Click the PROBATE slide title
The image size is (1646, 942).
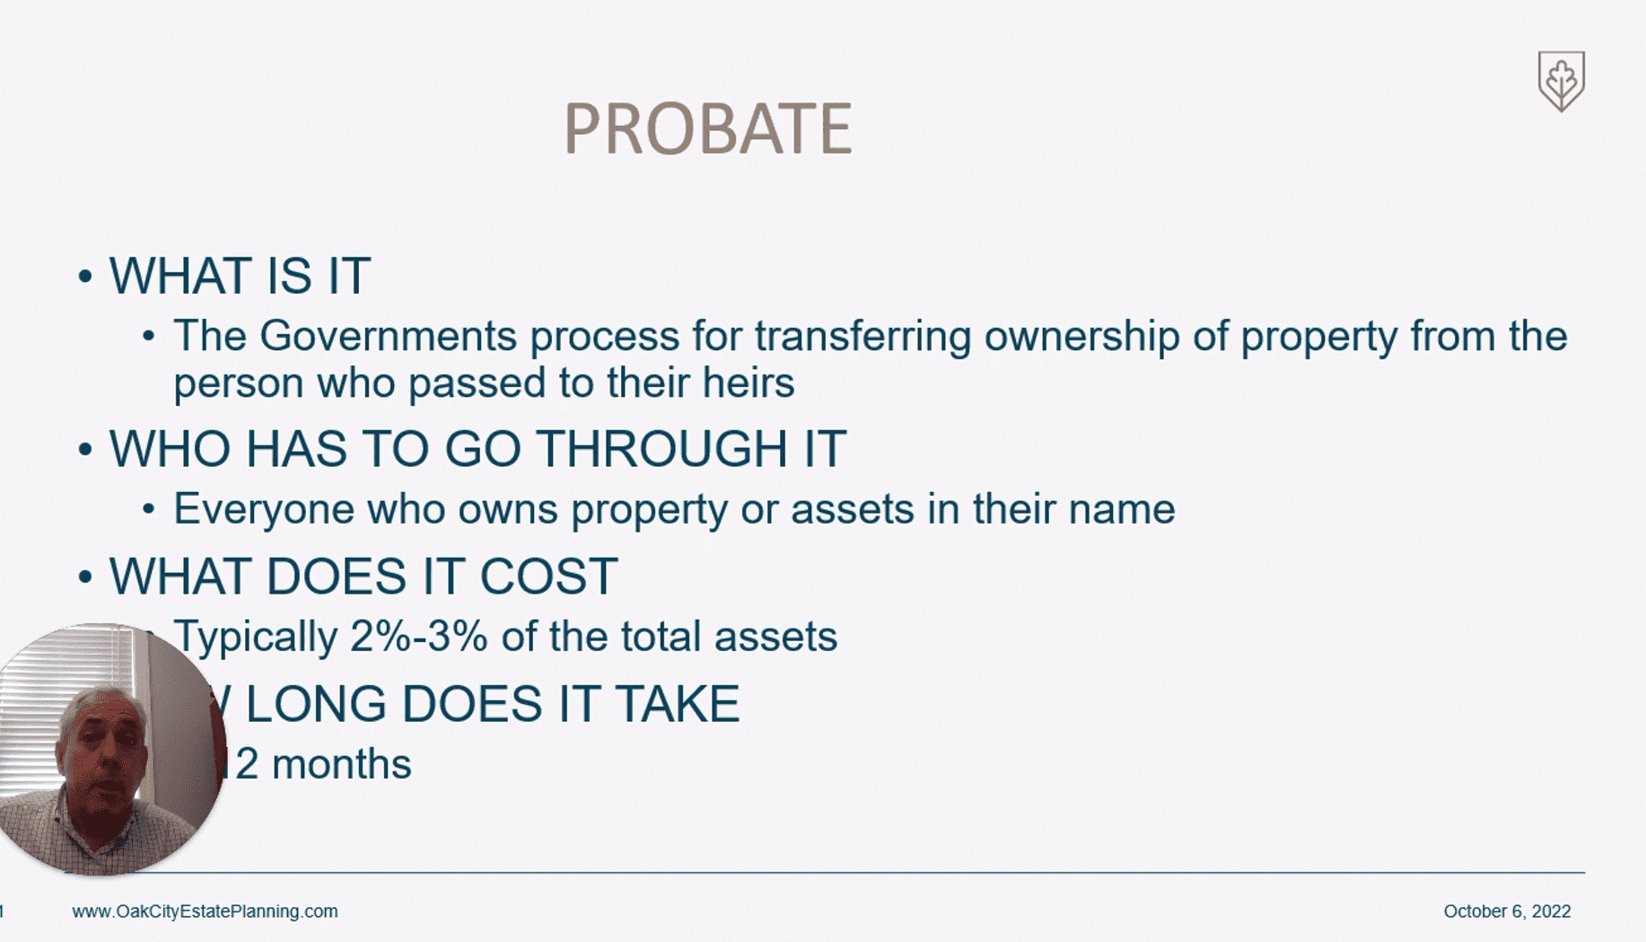707,128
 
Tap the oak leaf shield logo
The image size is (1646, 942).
1561,81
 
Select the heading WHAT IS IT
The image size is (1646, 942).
240,276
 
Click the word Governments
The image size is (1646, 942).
388,337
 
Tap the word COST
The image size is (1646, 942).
548,577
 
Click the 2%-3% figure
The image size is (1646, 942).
418,637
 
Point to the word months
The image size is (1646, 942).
341,765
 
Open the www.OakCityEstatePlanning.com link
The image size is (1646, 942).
205,911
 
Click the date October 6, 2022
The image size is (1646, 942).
1507,911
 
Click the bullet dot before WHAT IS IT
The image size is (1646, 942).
85,277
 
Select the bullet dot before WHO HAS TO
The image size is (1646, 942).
85,449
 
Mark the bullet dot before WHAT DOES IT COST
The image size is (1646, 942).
85,577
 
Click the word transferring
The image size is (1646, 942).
862,337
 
